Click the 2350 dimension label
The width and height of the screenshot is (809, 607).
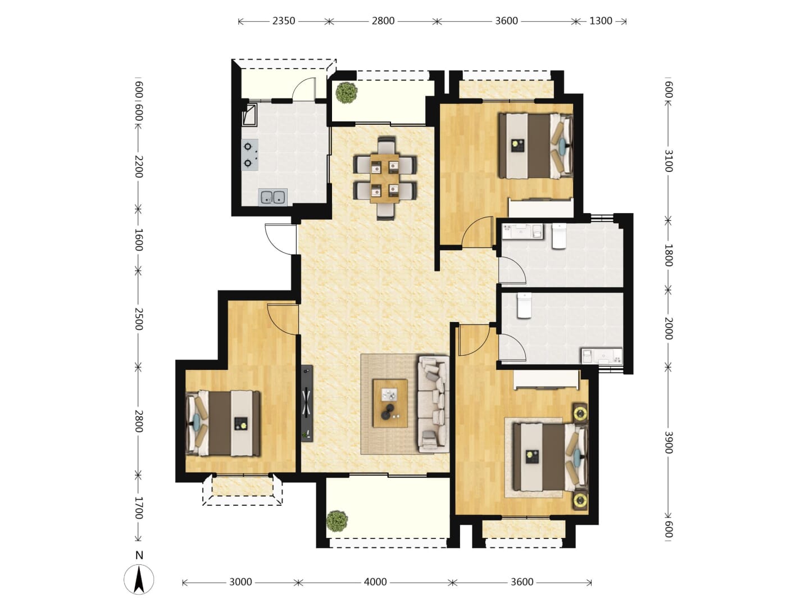click(283, 21)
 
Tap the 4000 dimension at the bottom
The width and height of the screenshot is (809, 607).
click(375, 582)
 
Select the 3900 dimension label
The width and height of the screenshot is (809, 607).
click(668, 442)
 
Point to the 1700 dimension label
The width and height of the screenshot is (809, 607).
click(138, 508)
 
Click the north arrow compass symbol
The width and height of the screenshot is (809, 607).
click(139, 579)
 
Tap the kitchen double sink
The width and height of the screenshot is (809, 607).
click(272, 197)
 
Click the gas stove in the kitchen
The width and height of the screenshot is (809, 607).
click(249, 155)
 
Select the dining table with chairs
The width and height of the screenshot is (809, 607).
click(385, 178)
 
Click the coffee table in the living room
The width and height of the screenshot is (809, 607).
click(390, 403)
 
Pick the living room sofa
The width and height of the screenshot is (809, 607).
click(433, 404)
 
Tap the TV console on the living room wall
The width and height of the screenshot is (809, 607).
click(307, 403)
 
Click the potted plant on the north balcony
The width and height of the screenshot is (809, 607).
click(346, 93)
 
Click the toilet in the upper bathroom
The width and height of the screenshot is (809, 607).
click(559, 236)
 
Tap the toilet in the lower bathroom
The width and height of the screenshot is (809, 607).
click(524, 306)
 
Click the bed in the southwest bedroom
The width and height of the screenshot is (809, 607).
click(222, 423)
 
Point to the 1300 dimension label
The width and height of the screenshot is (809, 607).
click(601, 21)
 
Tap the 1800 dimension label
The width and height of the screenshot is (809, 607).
click(668, 255)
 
